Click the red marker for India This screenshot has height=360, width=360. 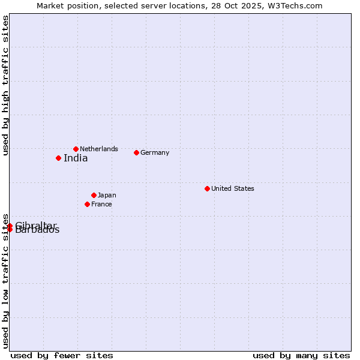(58, 158)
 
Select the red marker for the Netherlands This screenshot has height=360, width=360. (76, 149)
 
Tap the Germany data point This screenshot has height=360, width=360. (136, 152)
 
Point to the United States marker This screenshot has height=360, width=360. (207, 188)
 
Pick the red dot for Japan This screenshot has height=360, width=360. (94, 195)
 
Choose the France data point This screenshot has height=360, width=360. (87, 204)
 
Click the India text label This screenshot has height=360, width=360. (76, 158)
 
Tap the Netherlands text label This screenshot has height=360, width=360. (99, 149)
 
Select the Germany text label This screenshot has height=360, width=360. (155, 152)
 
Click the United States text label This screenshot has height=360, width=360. (233, 188)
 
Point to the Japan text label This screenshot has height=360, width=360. (107, 195)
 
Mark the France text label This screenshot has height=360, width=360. (101, 204)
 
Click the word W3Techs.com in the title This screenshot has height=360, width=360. (296, 5)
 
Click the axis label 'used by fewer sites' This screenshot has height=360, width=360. (62, 355)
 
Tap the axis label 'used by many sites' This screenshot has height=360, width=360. (301, 355)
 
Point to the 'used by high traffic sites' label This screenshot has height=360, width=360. (5, 85)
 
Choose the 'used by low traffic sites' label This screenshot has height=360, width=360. (5, 281)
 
